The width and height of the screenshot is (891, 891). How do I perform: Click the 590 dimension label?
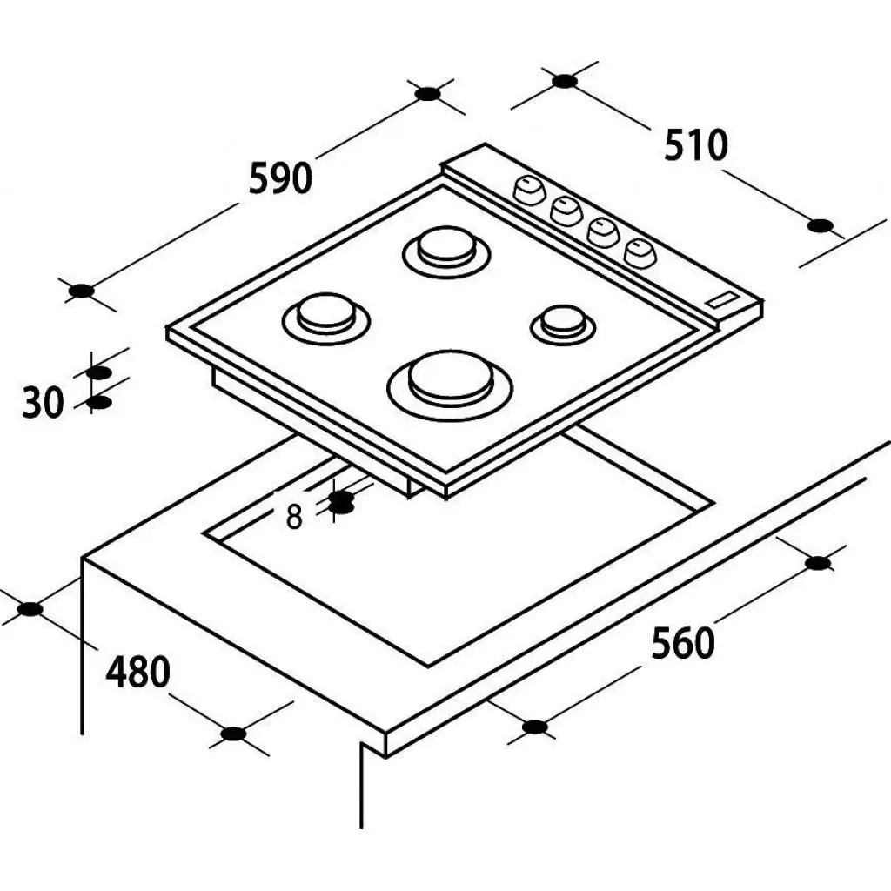click(281, 178)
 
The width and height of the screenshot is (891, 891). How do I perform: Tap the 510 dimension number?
click(695, 145)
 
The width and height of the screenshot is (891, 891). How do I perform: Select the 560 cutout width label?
click(682, 644)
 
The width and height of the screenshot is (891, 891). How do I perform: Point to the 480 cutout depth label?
click(138, 673)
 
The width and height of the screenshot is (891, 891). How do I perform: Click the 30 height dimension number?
click(44, 402)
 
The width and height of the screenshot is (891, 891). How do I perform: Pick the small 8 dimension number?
click(294, 518)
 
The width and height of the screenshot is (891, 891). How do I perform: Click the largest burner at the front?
click(450, 385)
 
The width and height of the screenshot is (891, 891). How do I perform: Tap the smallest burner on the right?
click(563, 325)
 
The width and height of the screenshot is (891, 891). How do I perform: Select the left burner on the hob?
click(326, 318)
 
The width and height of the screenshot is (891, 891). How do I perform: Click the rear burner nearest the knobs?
click(446, 251)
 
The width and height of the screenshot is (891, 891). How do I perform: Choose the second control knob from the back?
click(566, 211)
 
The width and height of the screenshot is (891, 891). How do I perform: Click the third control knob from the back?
click(604, 231)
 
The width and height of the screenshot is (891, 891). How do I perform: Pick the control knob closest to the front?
click(640, 252)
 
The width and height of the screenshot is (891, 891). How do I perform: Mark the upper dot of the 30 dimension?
click(98, 372)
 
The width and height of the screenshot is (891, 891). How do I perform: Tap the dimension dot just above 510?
click(564, 81)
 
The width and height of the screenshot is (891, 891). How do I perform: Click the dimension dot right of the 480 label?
click(233, 734)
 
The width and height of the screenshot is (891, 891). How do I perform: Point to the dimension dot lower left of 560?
click(534, 727)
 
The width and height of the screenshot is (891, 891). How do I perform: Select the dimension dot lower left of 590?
click(81, 291)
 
